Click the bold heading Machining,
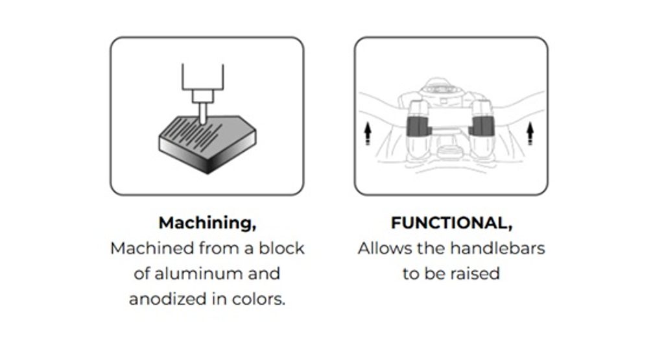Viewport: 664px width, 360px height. tap(207, 223)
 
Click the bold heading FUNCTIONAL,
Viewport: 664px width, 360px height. tap(451, 223)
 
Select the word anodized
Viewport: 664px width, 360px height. tap(168, 299)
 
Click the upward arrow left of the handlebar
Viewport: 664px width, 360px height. tap(368, 134)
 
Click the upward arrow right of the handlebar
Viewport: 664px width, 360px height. tap(530, 134)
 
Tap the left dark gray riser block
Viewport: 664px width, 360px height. tap(418, 126)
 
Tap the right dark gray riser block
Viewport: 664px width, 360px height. tap(482, 126)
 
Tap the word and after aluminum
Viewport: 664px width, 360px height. tap(264, 274)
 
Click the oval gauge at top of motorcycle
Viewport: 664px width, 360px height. tap(441, 90)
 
